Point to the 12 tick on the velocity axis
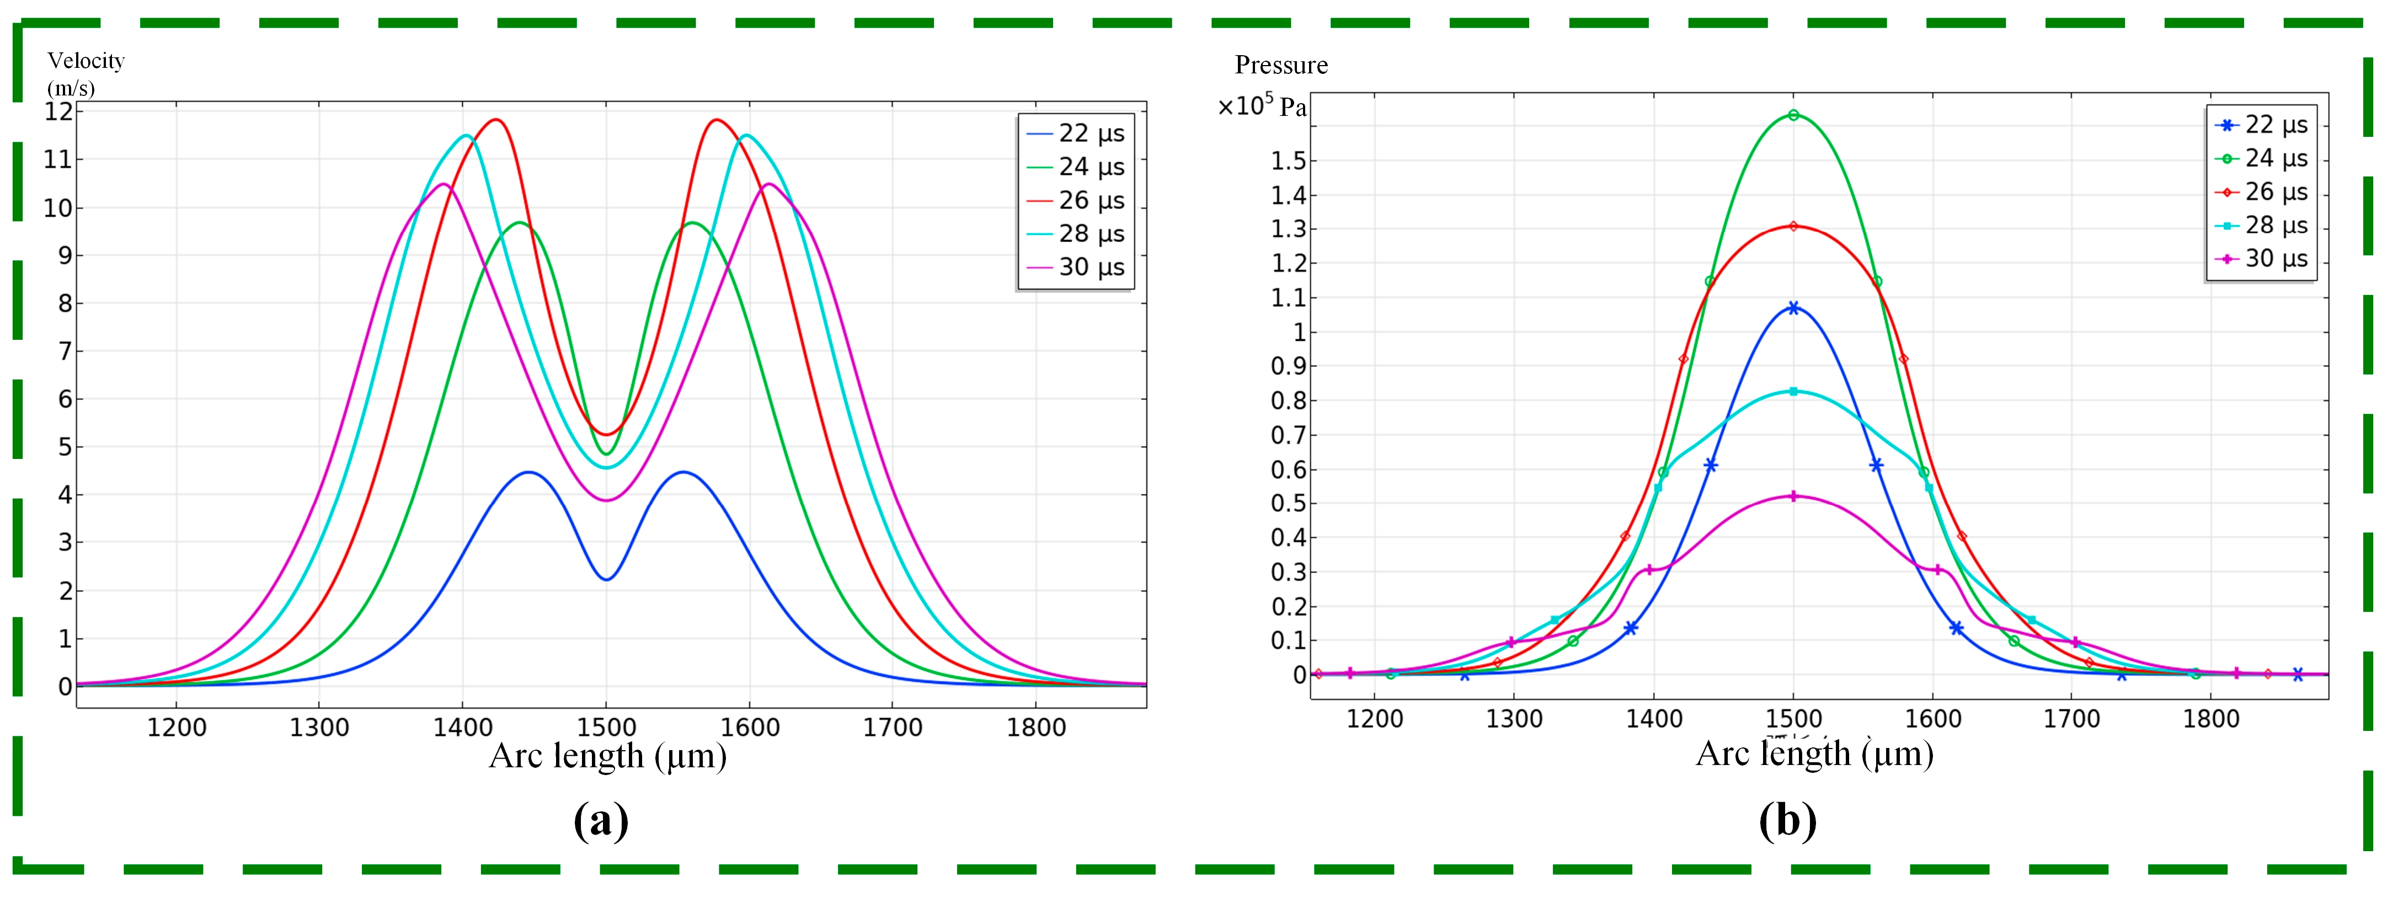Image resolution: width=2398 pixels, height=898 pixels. pos(58,111)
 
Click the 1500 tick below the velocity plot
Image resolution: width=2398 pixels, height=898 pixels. pos(606,727)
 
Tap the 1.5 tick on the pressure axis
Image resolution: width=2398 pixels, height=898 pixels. pos(1289,161)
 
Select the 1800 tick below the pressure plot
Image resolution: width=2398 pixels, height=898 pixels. pos(2211,719)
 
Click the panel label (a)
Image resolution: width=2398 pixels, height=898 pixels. pos(601,821)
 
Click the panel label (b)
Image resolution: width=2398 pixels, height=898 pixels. pos(1787,821)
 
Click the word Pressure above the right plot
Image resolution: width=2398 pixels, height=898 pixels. pos(1281,65)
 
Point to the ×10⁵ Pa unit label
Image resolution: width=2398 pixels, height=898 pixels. pos(1262,106)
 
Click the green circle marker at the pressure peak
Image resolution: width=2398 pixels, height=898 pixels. pos(1793,115)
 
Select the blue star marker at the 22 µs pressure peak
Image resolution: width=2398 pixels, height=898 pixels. pos(1793,308)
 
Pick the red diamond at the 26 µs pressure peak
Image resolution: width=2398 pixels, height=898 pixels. pos(1793,226)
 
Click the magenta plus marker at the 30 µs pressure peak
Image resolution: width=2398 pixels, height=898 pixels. pos(1793,496)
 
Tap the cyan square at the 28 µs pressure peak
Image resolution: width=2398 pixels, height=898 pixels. pos(1793,392)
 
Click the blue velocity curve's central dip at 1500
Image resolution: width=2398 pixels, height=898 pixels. pos(606,579)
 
